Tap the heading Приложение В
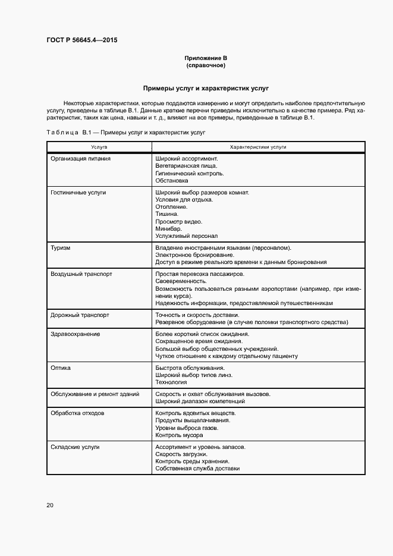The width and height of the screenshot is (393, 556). coord(206,58)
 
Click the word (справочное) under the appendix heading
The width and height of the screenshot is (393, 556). coord(206,65)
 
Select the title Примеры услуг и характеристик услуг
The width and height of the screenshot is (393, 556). coord(206,88)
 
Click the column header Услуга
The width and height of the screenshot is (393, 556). coord(99,146)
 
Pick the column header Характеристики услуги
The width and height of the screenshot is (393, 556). coord(258,146)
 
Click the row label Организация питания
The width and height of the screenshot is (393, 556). coord(81,159)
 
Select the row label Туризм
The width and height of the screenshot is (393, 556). coord(61,247)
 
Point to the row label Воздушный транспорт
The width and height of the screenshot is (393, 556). coord(81,274)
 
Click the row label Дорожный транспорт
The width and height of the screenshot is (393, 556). coord(80,315)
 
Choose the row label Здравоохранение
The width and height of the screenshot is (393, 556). coord(75,334)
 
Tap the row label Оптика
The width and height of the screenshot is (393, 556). coord(61,367)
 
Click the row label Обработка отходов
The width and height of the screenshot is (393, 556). coord(78,413)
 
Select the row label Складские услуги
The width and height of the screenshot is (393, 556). coord(75,447)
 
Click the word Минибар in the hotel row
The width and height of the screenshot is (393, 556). coord(169,228)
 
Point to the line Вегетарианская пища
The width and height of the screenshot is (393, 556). coord(186,166)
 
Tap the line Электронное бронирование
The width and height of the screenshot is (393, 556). coord(190,255)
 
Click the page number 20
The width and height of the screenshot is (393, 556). coord(50,505)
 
